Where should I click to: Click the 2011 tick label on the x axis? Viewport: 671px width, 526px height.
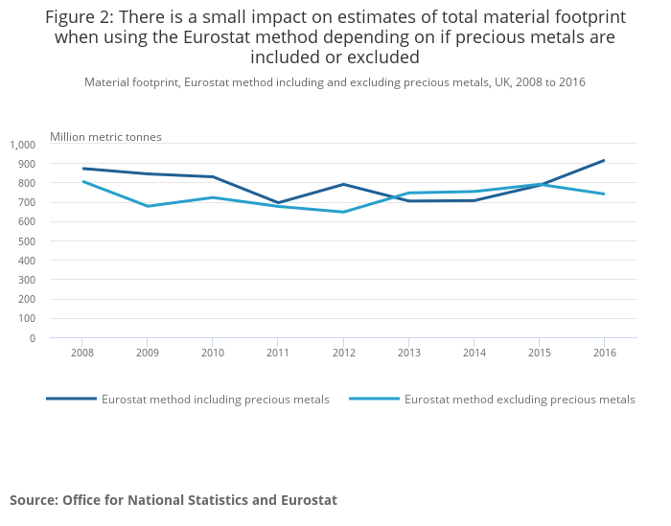point(277,353)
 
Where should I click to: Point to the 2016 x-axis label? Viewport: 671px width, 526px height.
point(604,353)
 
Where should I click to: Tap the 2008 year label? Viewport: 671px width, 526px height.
point(81,353)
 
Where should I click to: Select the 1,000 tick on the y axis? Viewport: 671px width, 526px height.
point(22,145)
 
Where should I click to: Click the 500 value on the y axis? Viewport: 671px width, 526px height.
point(26,241)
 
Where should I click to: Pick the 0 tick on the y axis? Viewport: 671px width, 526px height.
point(32,338)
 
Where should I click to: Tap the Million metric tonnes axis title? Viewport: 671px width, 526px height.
point(105,137)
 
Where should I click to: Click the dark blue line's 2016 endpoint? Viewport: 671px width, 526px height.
point(604,160)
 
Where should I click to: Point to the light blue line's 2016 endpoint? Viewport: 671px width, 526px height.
point(604,194)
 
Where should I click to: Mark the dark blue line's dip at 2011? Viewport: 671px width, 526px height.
point(277,203)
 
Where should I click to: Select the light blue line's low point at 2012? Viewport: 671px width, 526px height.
point(342,212)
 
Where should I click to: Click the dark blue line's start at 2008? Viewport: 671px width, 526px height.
point(82,168)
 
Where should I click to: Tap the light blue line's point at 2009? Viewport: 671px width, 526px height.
point(147,206)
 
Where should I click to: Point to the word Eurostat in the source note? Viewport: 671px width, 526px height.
point(309,500)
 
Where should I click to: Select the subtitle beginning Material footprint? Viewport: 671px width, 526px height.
point(335,82)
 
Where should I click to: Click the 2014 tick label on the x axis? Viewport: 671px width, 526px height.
point(474,353)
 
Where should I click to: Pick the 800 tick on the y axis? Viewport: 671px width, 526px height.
point(26,183)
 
